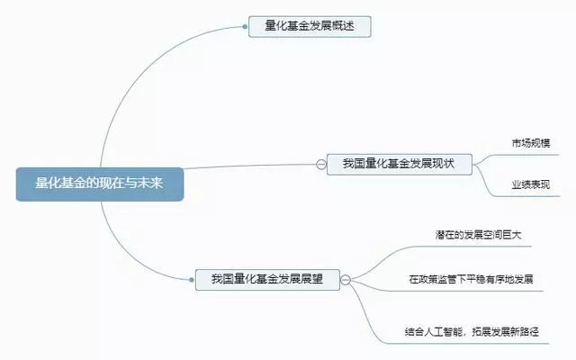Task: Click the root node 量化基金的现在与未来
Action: [x=99, y=184]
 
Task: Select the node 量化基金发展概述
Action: [x=310, y=26]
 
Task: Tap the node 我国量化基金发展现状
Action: [x=400, y=163]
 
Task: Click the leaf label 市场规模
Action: [x=530, y=143]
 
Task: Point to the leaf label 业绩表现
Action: [x=530, y=184]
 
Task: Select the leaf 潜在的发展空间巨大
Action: [x=476, y=235]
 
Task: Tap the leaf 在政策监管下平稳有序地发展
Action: [x=471, y=279]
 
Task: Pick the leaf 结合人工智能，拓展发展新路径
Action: [x=471, y=332]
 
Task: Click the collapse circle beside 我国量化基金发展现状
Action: [x=321, y=164]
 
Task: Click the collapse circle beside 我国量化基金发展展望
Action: [x=346, y=280]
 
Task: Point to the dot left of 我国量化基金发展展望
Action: [x=194, y=279]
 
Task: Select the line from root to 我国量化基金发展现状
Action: [x=252, y=166]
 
